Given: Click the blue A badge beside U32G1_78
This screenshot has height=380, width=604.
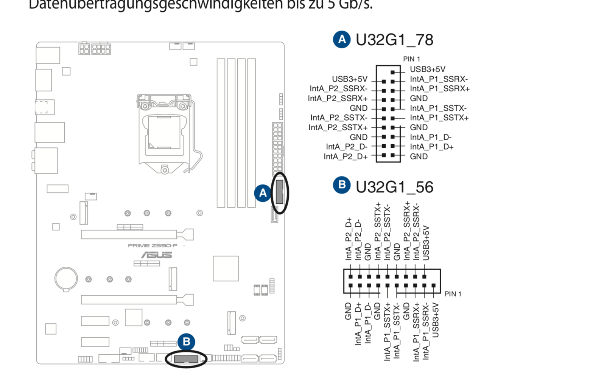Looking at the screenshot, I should coord(342,39).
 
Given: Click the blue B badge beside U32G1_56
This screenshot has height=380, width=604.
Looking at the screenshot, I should coord(342,185).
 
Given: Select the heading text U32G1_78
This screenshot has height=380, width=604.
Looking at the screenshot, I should coord(394,40).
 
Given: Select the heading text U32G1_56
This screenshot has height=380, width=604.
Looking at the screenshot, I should coord(394,187).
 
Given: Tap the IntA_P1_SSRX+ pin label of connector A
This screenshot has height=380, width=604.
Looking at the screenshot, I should coord(440,89).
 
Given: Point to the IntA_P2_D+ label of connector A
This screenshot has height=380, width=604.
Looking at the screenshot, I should coord(346,156).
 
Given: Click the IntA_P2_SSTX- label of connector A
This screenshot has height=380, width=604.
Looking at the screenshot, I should coord(339,118).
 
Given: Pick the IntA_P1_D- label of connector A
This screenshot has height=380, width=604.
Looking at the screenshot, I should coord(431,137).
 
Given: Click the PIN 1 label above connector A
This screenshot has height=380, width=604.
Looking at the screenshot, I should coord(411,59).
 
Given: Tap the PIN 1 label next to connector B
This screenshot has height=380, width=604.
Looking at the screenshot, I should coord(453,294).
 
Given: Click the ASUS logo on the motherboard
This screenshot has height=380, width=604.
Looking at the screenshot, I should coord(157,255).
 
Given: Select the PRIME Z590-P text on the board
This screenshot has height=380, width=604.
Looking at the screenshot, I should coord(153,246).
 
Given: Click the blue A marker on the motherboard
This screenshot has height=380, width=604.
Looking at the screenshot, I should coord(263,193).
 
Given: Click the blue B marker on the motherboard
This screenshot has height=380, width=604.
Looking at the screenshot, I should coord(186,342).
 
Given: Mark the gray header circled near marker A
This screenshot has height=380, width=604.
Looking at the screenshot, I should coord(280,192).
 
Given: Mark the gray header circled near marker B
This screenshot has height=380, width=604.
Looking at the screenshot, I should coord(186,358).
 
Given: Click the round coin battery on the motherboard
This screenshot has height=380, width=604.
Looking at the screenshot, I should coord(66,279).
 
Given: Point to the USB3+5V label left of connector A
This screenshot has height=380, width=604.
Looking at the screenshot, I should coord(349,79).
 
